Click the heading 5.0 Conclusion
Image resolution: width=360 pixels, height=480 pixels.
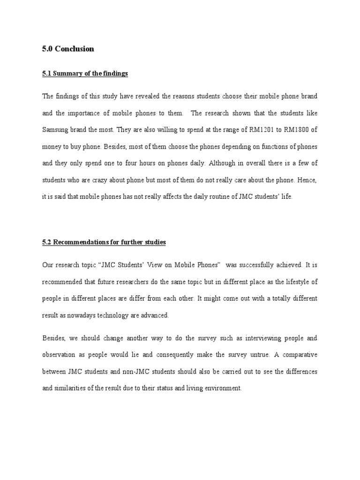tap(68, 49)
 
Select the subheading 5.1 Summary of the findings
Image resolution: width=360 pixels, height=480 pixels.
tap(85, 74)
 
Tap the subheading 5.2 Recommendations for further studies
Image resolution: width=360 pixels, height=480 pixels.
tap(104, 242)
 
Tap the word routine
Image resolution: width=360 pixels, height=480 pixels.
tap(206, 197)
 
